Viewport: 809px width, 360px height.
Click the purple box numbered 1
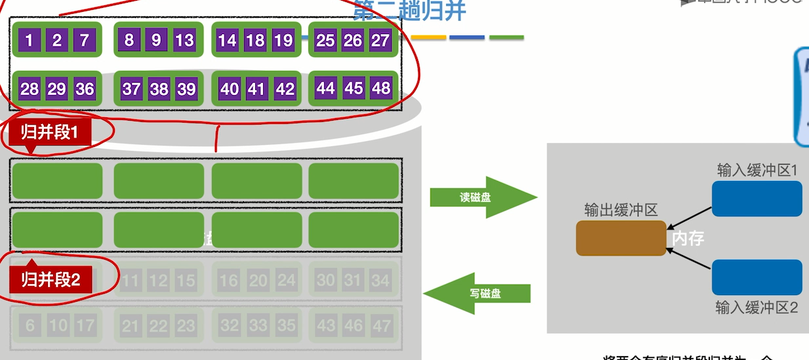[29, 41]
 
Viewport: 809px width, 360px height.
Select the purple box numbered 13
[184, 41]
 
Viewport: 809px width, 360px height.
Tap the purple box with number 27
[380, 41]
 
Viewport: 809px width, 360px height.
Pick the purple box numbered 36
[84, 89]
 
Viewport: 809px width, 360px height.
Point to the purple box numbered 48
[381, 88]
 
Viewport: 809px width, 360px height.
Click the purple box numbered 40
[229, 89]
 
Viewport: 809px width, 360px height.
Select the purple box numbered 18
[255, 41]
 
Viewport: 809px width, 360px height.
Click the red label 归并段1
[50, 132]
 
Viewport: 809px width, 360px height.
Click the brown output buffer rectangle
[621, 238]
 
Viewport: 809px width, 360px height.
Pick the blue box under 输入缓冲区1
[757, 199]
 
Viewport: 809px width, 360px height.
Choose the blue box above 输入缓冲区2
[757, 277]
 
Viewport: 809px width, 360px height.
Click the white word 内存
[688, 238]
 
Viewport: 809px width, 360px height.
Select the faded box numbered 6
[30, 326]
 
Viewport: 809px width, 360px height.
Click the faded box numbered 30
[325, 281]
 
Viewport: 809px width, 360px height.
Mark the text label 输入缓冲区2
[757, 307]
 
